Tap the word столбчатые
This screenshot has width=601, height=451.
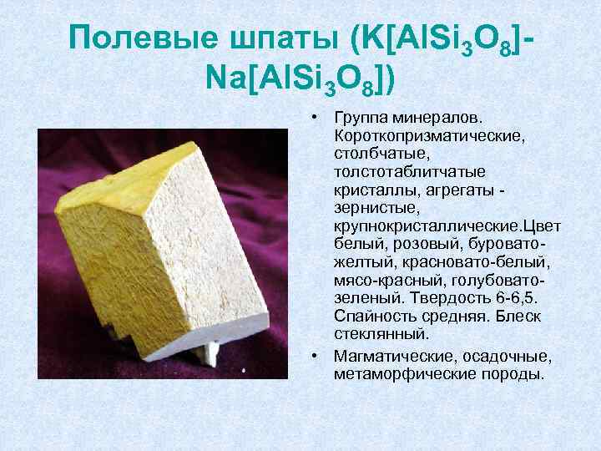pos(376,153)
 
